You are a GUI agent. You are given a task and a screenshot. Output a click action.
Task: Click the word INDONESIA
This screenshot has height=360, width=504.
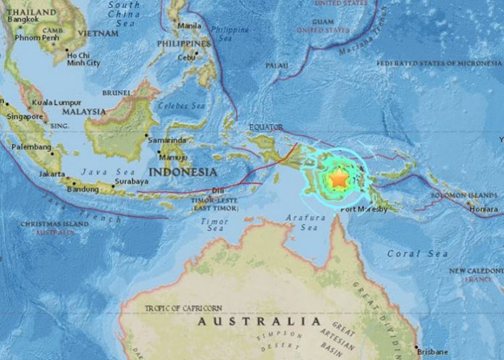[182, 172]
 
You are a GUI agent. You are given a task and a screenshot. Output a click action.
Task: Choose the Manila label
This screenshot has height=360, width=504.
[188, 25]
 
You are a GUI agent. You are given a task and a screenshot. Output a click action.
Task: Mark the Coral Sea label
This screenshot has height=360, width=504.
[405, 253]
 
